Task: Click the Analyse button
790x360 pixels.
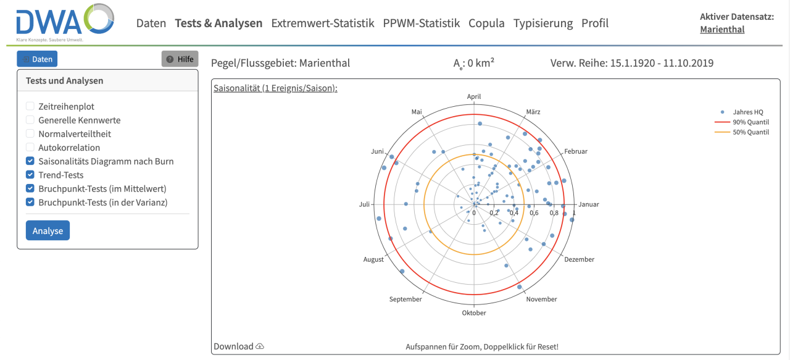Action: (x=48, y=230)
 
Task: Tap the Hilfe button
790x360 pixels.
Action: (x=180, y=59)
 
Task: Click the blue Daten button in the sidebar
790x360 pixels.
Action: (x=37, y=59)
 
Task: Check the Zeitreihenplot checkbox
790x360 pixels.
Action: (x=30, y=107)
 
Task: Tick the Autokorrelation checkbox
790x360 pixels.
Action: (x=30, y=148)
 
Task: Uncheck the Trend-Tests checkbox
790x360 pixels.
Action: (x=30, y=175)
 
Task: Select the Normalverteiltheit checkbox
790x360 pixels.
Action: (x=30, y=134)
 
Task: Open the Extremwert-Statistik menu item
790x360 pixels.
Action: (x=323, y=23)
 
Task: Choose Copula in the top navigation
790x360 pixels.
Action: (x=486, y=23)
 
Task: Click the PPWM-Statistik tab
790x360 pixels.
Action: (x=422, y=23)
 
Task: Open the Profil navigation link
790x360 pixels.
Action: (x=595, y=23)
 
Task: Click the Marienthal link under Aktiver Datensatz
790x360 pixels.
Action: (x=722, y=29)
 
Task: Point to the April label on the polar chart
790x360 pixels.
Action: (x=474, y=97)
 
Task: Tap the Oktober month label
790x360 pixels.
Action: (x=474, y=313)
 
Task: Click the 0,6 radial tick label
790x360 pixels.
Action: (x=534, y=213)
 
